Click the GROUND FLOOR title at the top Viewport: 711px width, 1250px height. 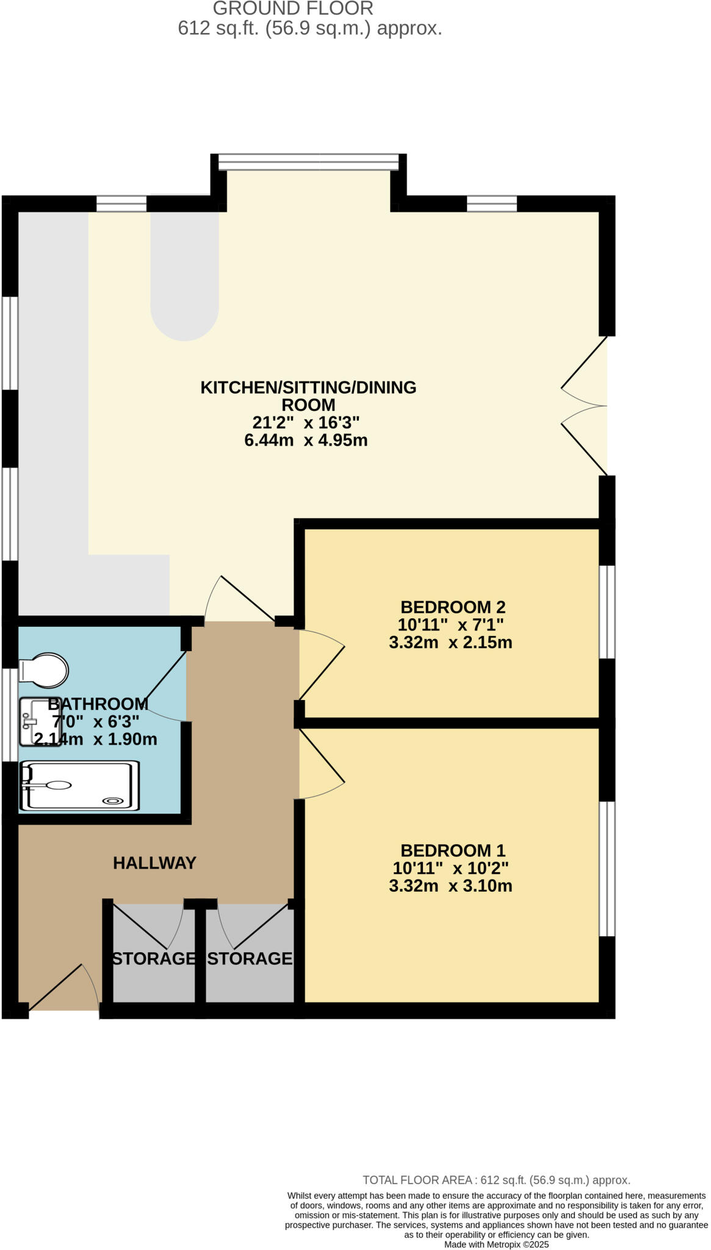[293, 9]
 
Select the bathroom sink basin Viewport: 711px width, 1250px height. [41, 722]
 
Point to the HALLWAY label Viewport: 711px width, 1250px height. [154, 862]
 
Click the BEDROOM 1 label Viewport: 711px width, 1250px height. [453, 850]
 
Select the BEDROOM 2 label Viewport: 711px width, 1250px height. [453, 607]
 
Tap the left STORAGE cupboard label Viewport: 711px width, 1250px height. [154, 958]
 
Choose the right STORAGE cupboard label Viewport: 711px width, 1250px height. [250, 958]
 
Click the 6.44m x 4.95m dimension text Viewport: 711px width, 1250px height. [306, 440]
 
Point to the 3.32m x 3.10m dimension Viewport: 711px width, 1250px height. [450, 886]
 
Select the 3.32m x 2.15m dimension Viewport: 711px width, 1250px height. [450, 642]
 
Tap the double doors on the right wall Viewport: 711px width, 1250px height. [585, 405]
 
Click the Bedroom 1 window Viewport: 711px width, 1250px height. [607, 869]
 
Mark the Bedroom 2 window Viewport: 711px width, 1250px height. [607, 612]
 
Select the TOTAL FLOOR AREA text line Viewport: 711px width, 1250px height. [496, 1180]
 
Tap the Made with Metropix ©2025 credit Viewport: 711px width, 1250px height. [496, 1245]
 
